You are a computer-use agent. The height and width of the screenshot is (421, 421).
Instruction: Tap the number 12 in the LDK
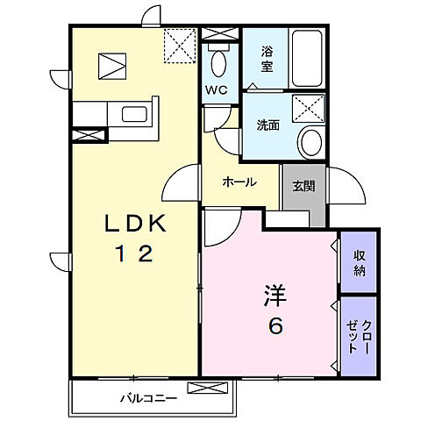(x=134, y=254)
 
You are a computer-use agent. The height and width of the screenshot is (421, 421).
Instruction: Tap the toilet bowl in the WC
(x=218, y=63)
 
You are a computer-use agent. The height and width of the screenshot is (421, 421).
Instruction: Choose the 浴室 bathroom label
(x=268, y=59)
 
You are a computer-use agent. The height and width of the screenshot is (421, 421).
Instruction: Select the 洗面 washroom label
(x=268, y=125)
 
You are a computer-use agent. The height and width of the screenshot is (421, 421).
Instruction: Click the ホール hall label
(x=239, y=182)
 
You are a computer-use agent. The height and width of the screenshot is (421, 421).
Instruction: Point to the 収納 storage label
(x=360, y=260)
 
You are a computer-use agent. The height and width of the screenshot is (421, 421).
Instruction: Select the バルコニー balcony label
(x=148, y=397)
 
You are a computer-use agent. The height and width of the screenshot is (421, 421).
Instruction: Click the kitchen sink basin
(x=135, y=114)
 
